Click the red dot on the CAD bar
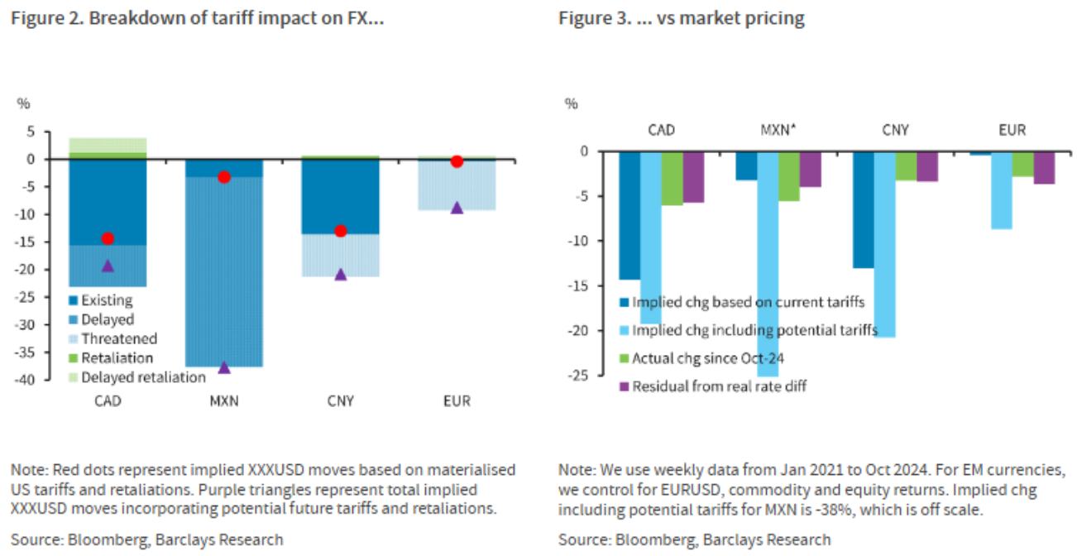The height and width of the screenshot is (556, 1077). click(108, 238)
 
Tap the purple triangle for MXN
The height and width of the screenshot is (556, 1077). click(223, 367)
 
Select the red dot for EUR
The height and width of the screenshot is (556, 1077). click(457, 161)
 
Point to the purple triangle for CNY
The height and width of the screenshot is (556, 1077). click(340, 274)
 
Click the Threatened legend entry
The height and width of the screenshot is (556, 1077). click(118, 338)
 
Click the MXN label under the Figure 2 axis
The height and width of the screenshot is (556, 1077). click(223, 401)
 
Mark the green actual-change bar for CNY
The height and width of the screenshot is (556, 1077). click(906, 165)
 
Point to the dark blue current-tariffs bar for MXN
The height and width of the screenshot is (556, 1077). click(745, 165)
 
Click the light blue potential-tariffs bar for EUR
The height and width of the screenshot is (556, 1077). click(1001, 189)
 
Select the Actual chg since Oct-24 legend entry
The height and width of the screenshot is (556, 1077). click(708, 358)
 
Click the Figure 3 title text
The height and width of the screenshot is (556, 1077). click(681, 18)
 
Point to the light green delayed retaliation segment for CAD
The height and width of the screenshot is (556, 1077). click(108, 145)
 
